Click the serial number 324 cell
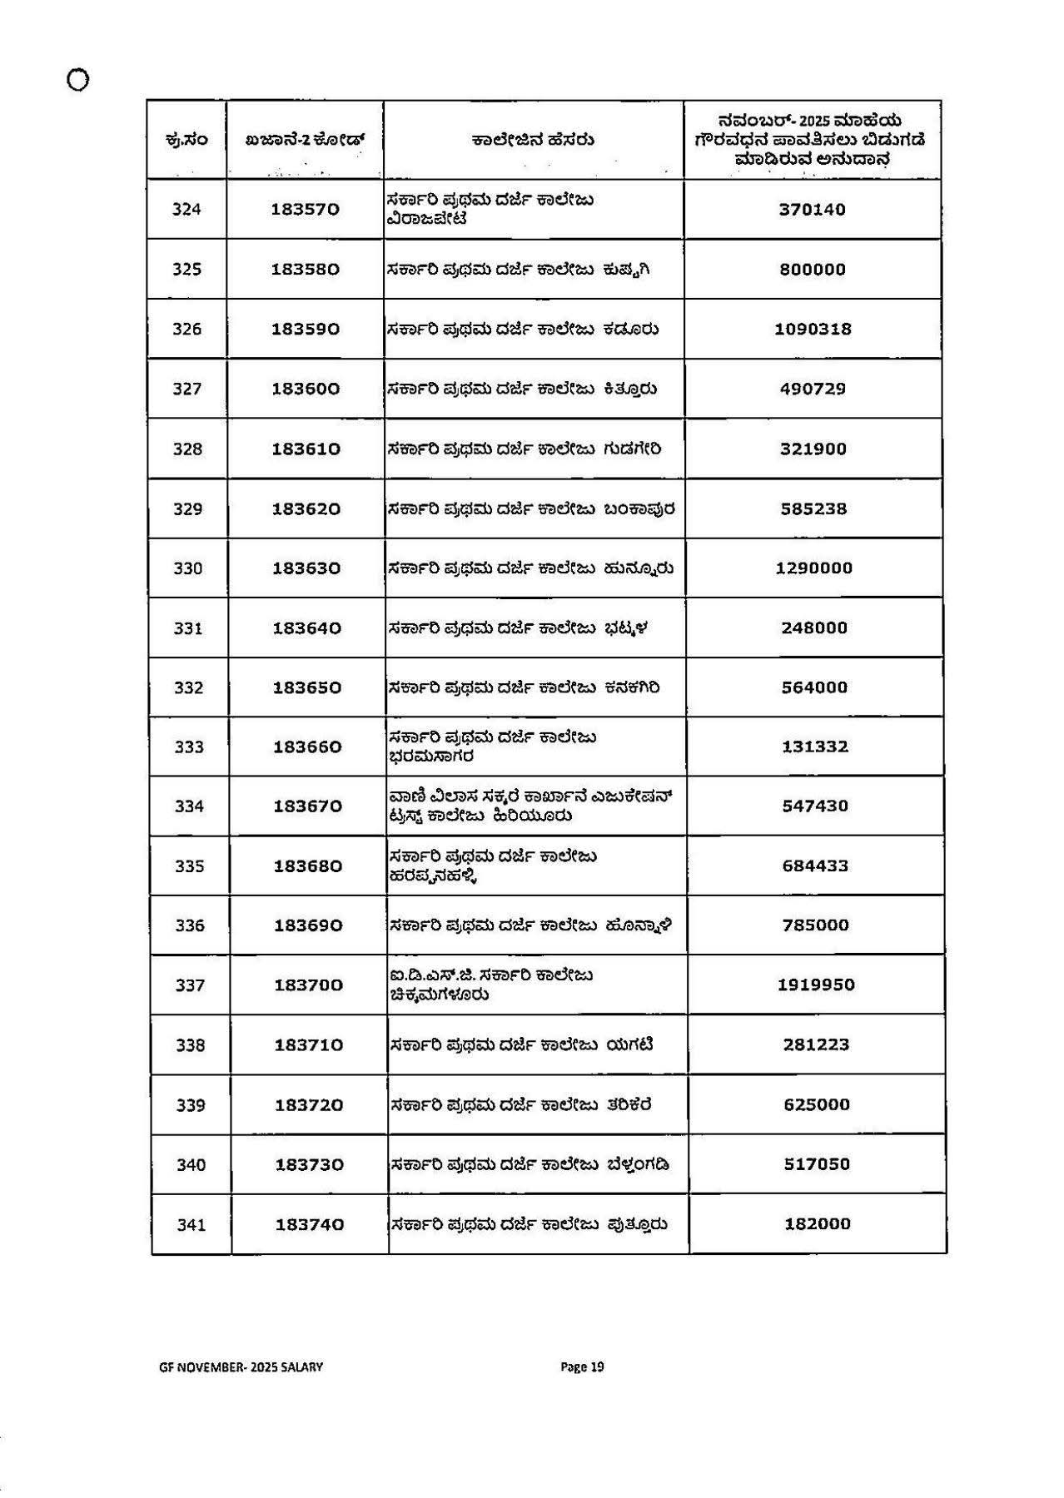pyautogui.click(x=186, y=210)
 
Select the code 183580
pyautogui.click(x=306, y=270)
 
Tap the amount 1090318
pyautogui.click(x=813, y=330)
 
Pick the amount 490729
pyautogui.click(x=813, y=389)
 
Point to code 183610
pyautogui.click(x=306, y=449)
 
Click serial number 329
pyautogui.click(x=187, y=509)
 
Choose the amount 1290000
pyautogui.click(x=813, y=568)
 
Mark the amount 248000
pyautogui.click(x=814, y=628)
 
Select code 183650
pyautogui.click(x=307, y=688)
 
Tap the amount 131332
pyautogui.click(x=815, y=747)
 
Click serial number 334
pyautogui.click(x=189, y=806)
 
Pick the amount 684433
pyautogui.click(x=815, y=866)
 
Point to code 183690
pyautogui.click(x=308, y=925)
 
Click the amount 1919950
pyautogui.click(x=816, y=985)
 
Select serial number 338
pyautogui.click(x=190, y=1045)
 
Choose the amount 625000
pyautogui.click(x=817, y=1105)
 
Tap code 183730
pyautogui.click(x=309, y=1165)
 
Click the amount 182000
pyautogui.click(x=818, y=1224)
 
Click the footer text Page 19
pyautogui.click(x=582, y=1367)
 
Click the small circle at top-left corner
pyautogui.click(x=77, y=80)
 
